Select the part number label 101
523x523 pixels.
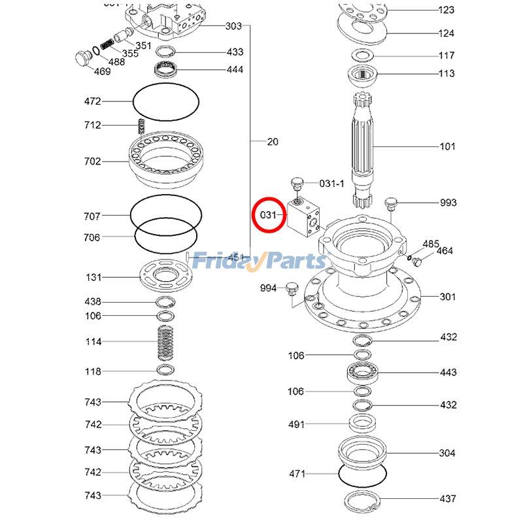click(x=447, y=146)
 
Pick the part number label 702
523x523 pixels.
click(x=92, y=161)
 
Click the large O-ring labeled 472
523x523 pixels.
click(x=166, y=102)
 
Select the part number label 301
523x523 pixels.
click(x=447, y=297)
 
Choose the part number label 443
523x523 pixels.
click(x=448, y=373)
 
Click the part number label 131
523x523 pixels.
click(x=93, y=277)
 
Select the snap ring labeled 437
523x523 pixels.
click(x=363, y=502)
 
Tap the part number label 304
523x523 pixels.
click(x=447, y=453)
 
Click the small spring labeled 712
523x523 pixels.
click(x=139, y=125)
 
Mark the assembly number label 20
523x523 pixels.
click(x=273, y=141)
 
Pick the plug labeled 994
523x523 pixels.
click(x=292, y=288)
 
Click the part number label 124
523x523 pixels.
click(x=447, y=33)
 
